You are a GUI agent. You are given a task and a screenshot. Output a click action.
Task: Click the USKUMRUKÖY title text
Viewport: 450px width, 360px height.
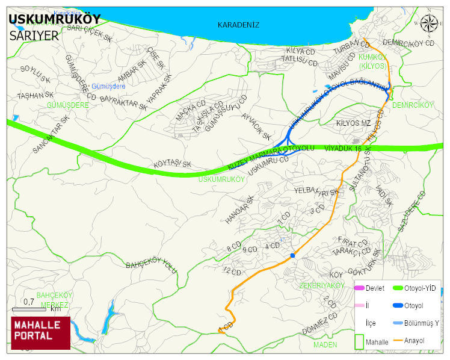(55, 19)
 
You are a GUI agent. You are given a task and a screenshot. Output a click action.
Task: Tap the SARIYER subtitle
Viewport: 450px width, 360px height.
(34, 36)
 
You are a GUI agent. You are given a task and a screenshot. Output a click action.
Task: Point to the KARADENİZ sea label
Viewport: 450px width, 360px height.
(238, 25)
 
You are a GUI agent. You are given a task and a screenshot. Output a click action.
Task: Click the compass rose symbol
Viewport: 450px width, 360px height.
(429, 23)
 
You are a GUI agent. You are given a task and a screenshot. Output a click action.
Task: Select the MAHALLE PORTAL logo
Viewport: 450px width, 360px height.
(40, 333)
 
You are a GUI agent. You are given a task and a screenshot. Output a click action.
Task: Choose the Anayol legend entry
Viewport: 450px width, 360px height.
(413, 341)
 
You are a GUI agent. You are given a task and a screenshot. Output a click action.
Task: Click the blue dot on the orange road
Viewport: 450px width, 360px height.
(293, 256)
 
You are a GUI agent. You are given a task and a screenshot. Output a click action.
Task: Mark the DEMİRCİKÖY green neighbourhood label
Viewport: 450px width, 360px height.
(413, 105)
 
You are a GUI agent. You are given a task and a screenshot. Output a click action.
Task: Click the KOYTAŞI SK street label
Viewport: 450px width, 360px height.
(173, 164)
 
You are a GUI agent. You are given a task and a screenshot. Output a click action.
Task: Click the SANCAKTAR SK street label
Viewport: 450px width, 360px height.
(51, 134)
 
